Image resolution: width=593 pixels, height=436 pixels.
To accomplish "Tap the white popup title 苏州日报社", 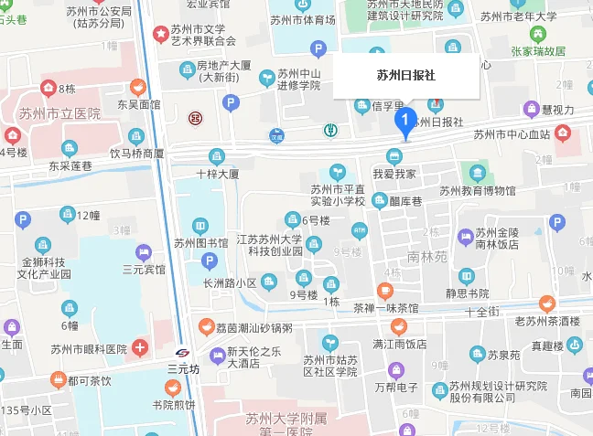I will point(406,76).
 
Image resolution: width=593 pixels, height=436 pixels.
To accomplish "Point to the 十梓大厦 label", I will point(218,173).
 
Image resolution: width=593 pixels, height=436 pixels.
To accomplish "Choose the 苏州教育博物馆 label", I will point(477,191).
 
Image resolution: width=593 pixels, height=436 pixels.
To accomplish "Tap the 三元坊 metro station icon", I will point(182,353).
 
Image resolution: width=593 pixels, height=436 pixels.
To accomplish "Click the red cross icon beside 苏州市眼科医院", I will point(139,347).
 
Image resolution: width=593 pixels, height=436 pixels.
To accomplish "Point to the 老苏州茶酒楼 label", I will point(547,321).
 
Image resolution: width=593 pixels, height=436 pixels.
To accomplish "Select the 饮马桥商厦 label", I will point(137,154).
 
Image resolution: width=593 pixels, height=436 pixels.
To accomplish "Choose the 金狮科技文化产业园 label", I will point(40,267).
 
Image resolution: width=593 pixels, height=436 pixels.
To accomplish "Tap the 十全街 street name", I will point(481,313).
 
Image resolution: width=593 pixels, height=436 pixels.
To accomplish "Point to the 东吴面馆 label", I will point(138,105).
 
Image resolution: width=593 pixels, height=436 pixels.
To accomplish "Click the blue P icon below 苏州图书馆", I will point(210,262).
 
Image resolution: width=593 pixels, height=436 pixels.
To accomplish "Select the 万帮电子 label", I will point(396,389).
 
